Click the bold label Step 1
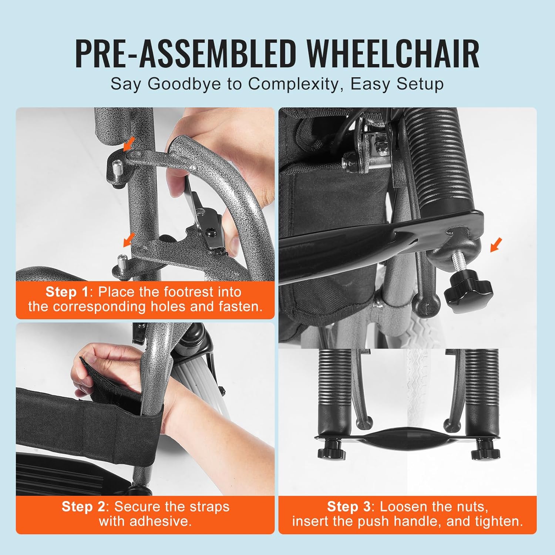point(67,292)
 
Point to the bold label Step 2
point(83,507)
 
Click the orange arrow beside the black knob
point(496,245)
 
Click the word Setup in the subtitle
point(420,85)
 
